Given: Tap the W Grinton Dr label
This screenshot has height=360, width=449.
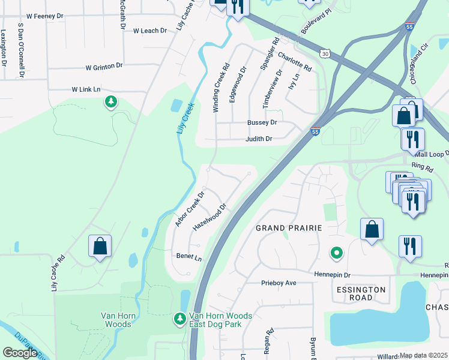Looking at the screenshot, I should pyautogui.click(x=104, y=67).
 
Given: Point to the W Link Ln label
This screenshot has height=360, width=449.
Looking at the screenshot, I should pyautogui.click(x=86, y=89).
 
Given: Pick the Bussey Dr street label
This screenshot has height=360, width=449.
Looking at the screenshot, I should pyautogui.click(x=262, y=122).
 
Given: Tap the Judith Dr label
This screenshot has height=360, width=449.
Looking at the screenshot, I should pyautogui.click(x=259, y=139).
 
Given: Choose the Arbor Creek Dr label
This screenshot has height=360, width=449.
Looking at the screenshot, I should pyautogui.click(x=190, y=209).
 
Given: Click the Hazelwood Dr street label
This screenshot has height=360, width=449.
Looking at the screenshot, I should pyautogui.click(x=209, y=218).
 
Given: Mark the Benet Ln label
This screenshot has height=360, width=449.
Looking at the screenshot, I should pyautogui.click(x=188, y=256).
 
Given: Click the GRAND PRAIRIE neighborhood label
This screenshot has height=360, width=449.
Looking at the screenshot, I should pyautogui.click(x=289, y=228).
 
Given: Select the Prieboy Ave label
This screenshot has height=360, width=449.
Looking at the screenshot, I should pyautogui.click(x=279, y=283).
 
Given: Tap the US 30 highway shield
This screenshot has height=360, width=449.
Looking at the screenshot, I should pyautogui.click(x=324, y=54).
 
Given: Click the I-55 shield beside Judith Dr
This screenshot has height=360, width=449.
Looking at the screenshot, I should pyautogui.click(x=315, y=131).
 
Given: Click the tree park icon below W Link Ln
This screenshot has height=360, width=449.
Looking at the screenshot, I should pyautogui.click(x=110, y=103).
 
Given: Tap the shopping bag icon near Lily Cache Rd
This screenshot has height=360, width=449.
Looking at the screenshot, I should pyautogui.click(x=100, y=247).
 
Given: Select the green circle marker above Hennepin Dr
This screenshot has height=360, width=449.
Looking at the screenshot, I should pyautogui.click(x=337, y=254).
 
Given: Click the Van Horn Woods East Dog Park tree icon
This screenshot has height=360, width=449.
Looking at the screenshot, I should pyautogui.click(x=179, y=319).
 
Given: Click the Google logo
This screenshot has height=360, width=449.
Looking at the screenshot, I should pyautogui.click(x=20, y=353).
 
